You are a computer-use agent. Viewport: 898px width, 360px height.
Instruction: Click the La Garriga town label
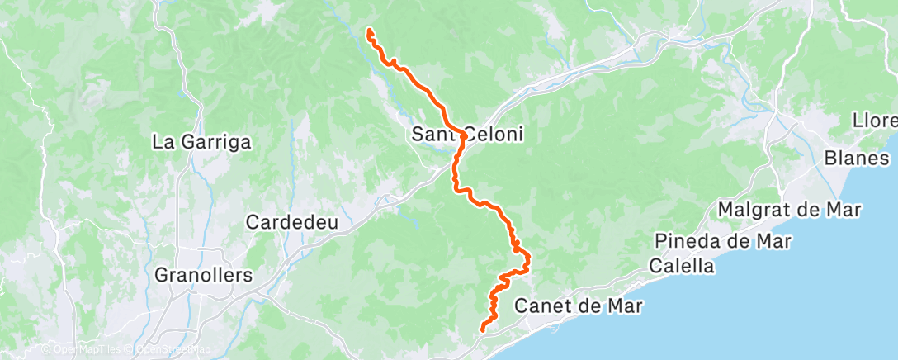point(201,142)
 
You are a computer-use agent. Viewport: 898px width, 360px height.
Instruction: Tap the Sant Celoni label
point(468,134)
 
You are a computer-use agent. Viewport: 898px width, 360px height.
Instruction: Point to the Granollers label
point(203,274)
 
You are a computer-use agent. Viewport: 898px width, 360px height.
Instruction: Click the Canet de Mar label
point(578,306)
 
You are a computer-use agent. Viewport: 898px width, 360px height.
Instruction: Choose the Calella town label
point(681,266)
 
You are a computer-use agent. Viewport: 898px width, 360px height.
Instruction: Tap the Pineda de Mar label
point(723,241)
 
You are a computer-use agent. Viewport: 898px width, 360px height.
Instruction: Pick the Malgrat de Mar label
point(790,209)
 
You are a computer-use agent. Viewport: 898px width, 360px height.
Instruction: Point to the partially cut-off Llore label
point(876,121)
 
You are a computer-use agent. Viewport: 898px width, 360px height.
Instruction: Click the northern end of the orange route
point(368,31)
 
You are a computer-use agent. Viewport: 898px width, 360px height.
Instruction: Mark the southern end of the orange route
point(481,331)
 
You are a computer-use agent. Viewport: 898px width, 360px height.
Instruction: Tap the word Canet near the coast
point(541,306)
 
